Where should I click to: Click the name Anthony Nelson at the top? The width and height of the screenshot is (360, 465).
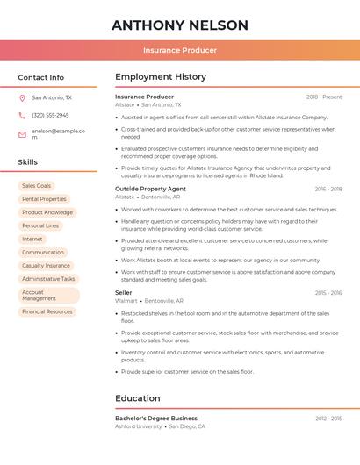[180, 25]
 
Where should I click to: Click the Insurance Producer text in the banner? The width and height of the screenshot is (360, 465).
[180, 50]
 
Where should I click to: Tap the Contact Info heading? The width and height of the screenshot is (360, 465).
[41, 77]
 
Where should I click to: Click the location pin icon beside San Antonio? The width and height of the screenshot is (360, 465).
[22, 97]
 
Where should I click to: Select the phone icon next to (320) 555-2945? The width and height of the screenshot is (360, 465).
[22, 115]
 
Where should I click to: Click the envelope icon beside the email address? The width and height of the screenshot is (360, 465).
[22, 134]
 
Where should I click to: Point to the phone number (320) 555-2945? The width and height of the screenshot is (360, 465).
[50, 115]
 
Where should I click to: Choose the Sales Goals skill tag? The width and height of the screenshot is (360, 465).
[37, 186]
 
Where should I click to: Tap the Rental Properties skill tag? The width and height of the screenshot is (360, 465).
[44, 199]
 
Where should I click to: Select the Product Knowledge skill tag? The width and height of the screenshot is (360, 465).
[47, 212]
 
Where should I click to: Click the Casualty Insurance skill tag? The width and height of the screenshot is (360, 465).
[46, 265]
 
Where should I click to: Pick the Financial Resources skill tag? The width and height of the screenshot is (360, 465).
[47, 311]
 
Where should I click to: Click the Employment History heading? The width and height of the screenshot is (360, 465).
[161, 77]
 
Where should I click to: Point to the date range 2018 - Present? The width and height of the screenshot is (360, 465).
[324, 97]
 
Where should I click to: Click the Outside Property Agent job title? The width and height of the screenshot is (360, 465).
[150, 189]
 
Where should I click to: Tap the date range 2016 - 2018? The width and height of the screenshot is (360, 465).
[328, 189]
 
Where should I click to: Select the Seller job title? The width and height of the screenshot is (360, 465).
[124, 292]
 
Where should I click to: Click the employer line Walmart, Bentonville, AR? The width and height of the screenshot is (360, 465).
[149, 301]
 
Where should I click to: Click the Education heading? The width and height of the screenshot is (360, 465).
[138, 398]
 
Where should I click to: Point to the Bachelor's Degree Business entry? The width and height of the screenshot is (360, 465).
[156, 418]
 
